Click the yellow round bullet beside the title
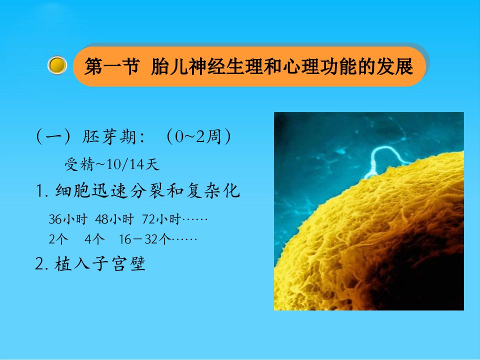click(57, 65)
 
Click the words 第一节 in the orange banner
click(112, 66)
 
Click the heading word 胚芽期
click(109, 136)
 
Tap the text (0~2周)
click(198, 136)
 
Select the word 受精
click(79, 164)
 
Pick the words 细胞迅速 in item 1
click(91, 190)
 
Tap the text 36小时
click(68, 219)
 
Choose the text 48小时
click(114, 219)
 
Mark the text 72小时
click(161, 219)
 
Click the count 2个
click(58, 239)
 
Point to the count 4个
click(94, 239)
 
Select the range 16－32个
click(145, 239)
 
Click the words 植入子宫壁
click(100, 263)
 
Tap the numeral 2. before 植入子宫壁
click(41, 264)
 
